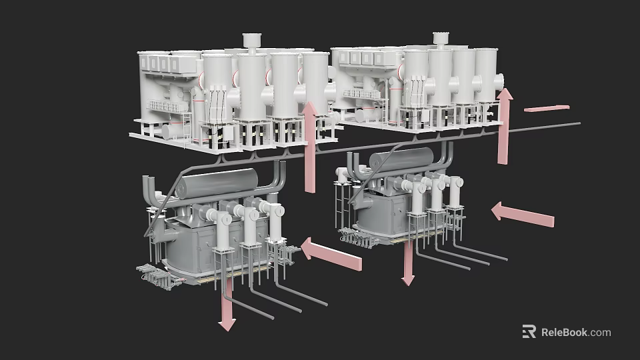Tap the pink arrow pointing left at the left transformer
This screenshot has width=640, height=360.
coord(331,255)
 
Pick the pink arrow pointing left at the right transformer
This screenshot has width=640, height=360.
coord(523,215)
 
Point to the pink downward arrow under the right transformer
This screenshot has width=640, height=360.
coord(407,264)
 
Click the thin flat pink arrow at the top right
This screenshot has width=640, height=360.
coord(547,107)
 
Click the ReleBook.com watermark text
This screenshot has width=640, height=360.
coord(575,332)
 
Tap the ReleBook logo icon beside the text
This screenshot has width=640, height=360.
coord(529,332)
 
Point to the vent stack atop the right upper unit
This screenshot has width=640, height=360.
coord(439,39)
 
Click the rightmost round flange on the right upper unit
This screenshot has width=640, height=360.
coord(499,80)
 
